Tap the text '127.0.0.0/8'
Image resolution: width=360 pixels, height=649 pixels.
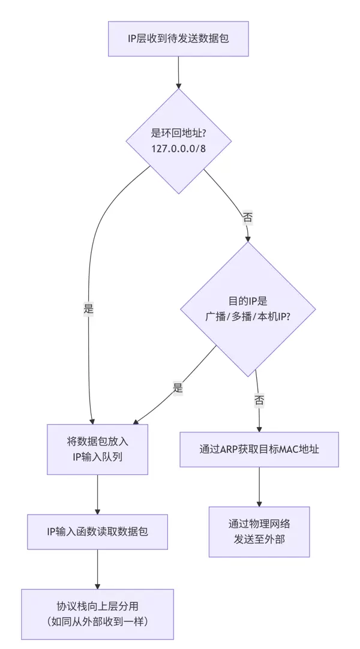tap(178, 148)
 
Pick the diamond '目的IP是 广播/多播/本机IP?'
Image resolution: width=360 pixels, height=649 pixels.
tap(248, 310)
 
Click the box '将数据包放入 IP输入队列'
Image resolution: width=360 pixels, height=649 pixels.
tap(97, 449)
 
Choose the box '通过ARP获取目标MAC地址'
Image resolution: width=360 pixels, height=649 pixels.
tap(259, 449)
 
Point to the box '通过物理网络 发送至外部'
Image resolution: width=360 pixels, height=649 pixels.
tap(259, 531)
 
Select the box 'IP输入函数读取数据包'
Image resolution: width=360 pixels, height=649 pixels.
tap(97, 531)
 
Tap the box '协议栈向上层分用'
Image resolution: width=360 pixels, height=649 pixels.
tap(97, 614)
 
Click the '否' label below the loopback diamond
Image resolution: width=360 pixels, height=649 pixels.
tap(247, 217)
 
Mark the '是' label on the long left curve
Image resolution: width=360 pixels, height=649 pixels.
tap(89, 310)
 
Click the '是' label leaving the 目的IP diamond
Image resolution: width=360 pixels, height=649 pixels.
tap(178, 388)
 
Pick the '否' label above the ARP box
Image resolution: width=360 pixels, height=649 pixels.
tap(259, 400)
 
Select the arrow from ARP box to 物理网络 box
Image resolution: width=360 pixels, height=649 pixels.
tap(259, 486)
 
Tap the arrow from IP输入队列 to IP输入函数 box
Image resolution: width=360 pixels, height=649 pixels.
tap(97, 494)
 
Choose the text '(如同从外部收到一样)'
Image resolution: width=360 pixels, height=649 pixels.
tap(97, 621)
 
